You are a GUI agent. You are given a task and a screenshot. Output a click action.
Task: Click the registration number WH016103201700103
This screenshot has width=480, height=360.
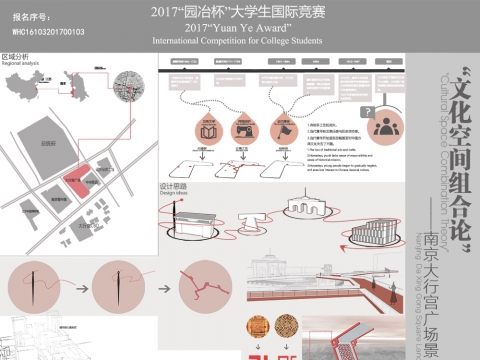point(51,31)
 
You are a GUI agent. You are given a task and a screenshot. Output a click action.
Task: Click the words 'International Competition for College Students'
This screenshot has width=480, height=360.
point(239,42)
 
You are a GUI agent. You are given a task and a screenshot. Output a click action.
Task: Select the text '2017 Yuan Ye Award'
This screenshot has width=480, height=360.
point(238,29)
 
